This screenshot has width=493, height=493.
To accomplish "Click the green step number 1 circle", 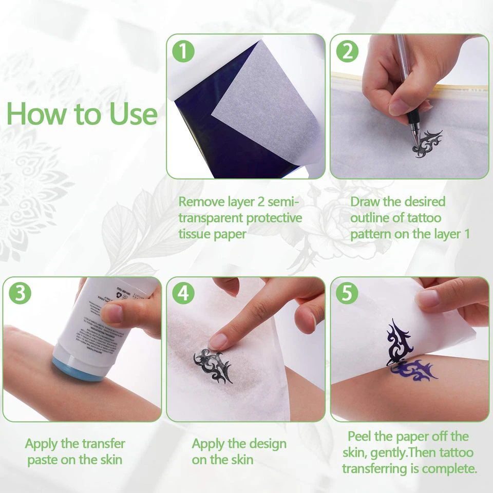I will pos(183,51).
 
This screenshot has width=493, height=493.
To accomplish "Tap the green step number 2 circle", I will pos(347,51).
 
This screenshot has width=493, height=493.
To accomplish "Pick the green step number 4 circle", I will pos(183,294).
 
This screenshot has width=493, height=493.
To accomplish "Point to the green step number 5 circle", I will pos(347,294).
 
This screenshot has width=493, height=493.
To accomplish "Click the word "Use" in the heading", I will pos(133,113).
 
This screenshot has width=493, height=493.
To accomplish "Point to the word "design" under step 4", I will pos(264,444).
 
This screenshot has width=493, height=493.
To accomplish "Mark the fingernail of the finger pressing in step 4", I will pos(219,340).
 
